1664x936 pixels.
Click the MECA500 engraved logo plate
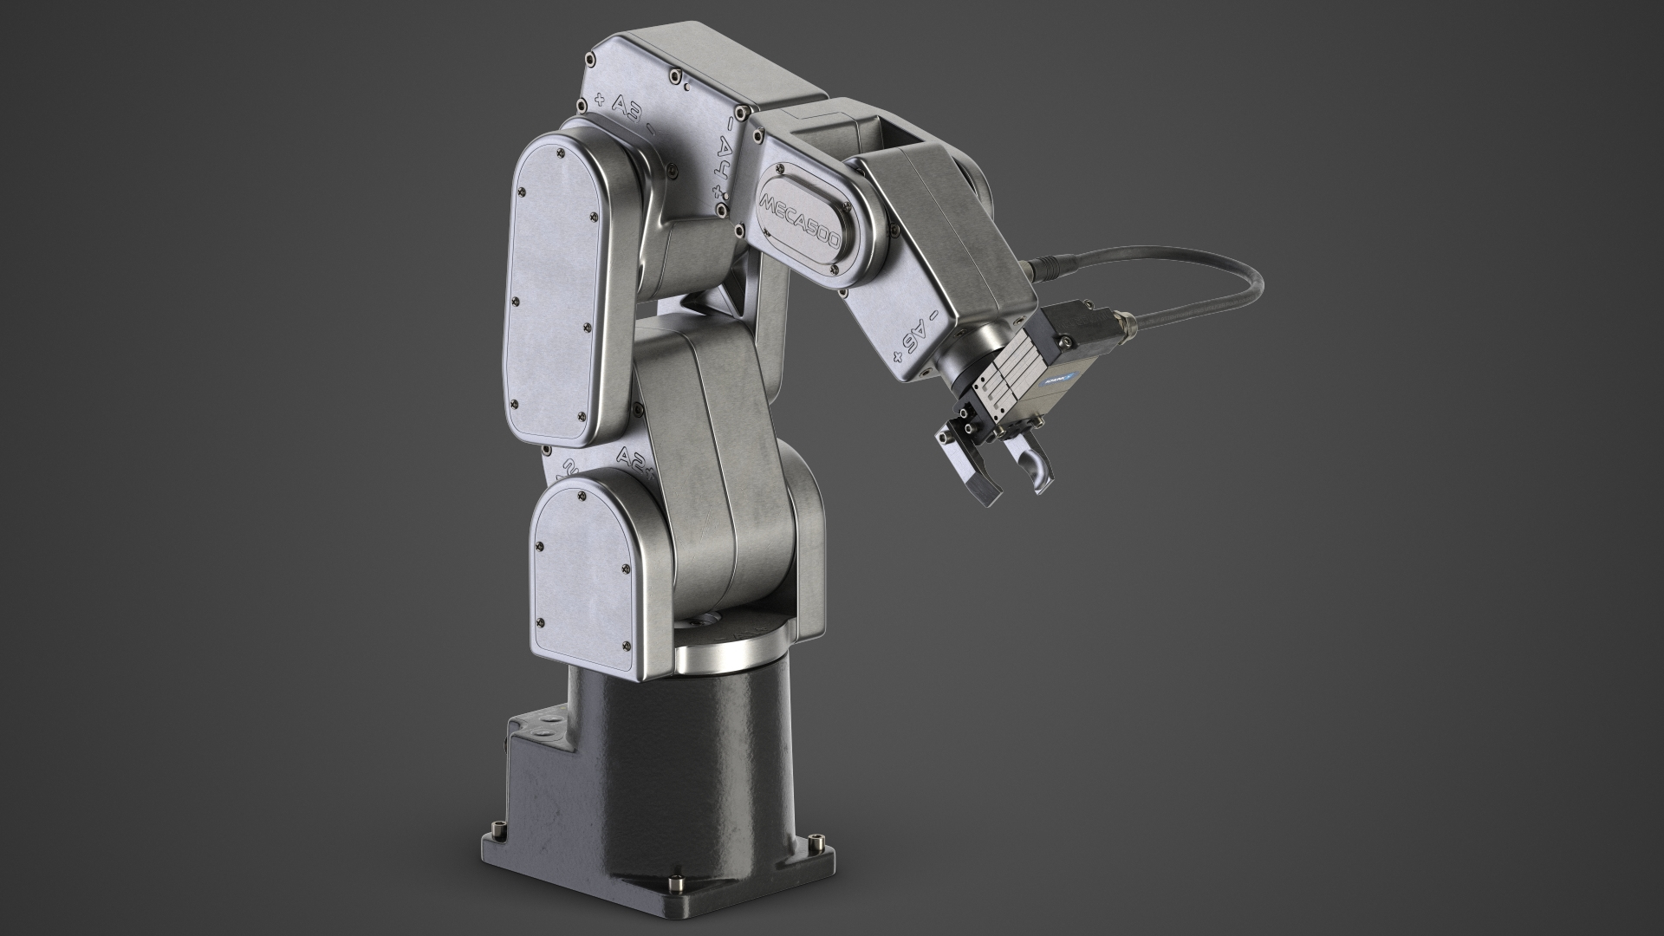(x=799, y=222)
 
